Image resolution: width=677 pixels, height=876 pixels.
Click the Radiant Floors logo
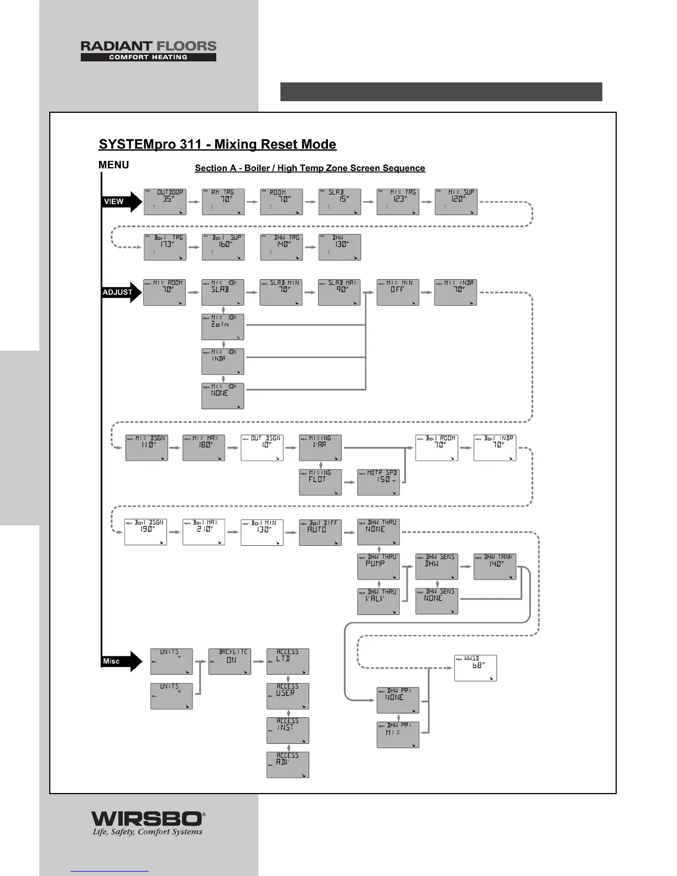(148, 51)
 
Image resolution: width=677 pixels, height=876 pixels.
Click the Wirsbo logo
(148, 823)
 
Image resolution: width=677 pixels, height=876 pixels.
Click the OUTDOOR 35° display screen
(165, 202)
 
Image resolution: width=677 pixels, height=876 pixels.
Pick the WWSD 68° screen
(475, 668)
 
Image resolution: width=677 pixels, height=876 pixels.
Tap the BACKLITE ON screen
(230, 661)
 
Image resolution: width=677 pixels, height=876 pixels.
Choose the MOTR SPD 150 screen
(378, 482)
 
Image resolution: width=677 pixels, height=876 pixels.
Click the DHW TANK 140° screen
(494, 566)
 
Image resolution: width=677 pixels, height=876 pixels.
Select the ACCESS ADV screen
(288, 765)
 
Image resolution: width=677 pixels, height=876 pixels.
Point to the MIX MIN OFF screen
(398, 292)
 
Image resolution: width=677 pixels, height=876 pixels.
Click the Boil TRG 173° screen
(165, 247)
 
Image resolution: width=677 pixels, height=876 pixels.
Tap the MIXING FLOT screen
(320, 482)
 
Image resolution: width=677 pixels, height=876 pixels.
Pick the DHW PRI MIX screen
(398, 734)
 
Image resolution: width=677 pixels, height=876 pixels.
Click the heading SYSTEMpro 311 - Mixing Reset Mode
(217, 144)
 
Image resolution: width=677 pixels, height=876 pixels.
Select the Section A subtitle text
(310, 168)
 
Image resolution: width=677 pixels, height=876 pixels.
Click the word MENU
(113, 165)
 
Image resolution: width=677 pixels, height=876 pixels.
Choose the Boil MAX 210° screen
(204, 532)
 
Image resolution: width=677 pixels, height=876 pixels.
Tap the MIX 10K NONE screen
(222, 396)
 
